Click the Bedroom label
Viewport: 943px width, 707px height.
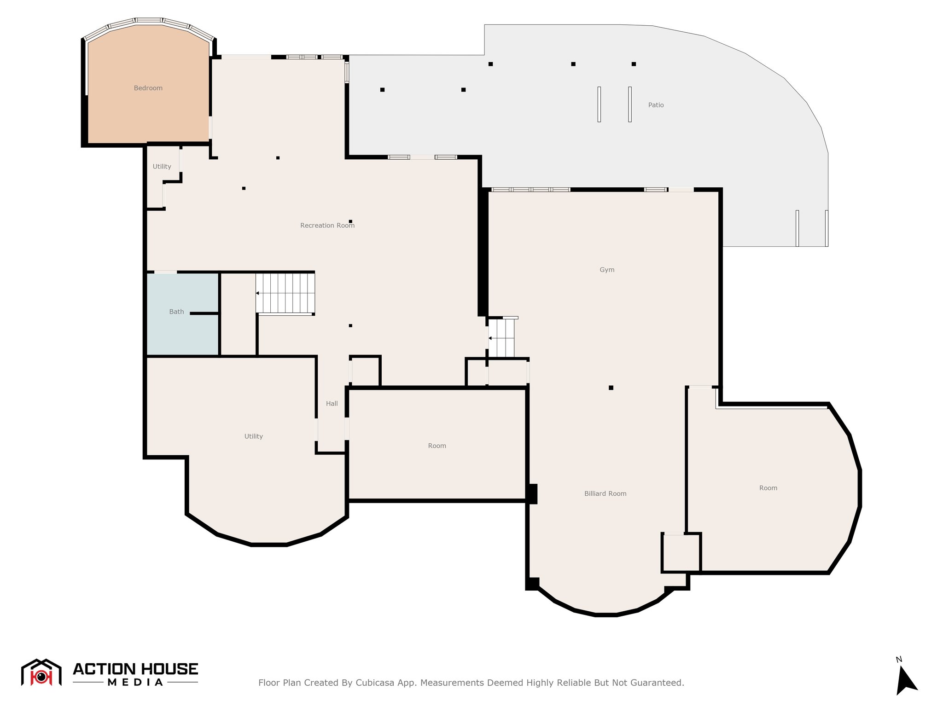[x=148, y=88]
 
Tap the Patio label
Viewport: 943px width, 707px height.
[x=656, y=105]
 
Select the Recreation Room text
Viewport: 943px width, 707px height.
[x=327, y=225]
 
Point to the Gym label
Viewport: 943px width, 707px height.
[x=607, y=270]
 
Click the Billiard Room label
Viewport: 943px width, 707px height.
[x=605, y=493]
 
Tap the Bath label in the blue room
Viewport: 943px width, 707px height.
[x=176, y=312]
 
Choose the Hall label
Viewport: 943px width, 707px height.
[x=332, y=404]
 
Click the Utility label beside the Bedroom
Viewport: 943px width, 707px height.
[x=162, y=167]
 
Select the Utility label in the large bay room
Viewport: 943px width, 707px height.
[x=253, y=436]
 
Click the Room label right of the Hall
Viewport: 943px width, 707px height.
[x=437, y=446]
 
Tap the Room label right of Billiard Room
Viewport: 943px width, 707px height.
[x=768, y=488]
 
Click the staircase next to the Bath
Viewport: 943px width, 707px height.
[x=285, y=293]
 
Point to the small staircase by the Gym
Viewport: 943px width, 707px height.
[x=501, y=337]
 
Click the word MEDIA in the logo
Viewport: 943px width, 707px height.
[x=135, y=682]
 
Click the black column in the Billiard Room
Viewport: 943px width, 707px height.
[x=611, y=388]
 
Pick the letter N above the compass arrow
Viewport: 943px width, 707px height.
[x=899, y=660]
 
